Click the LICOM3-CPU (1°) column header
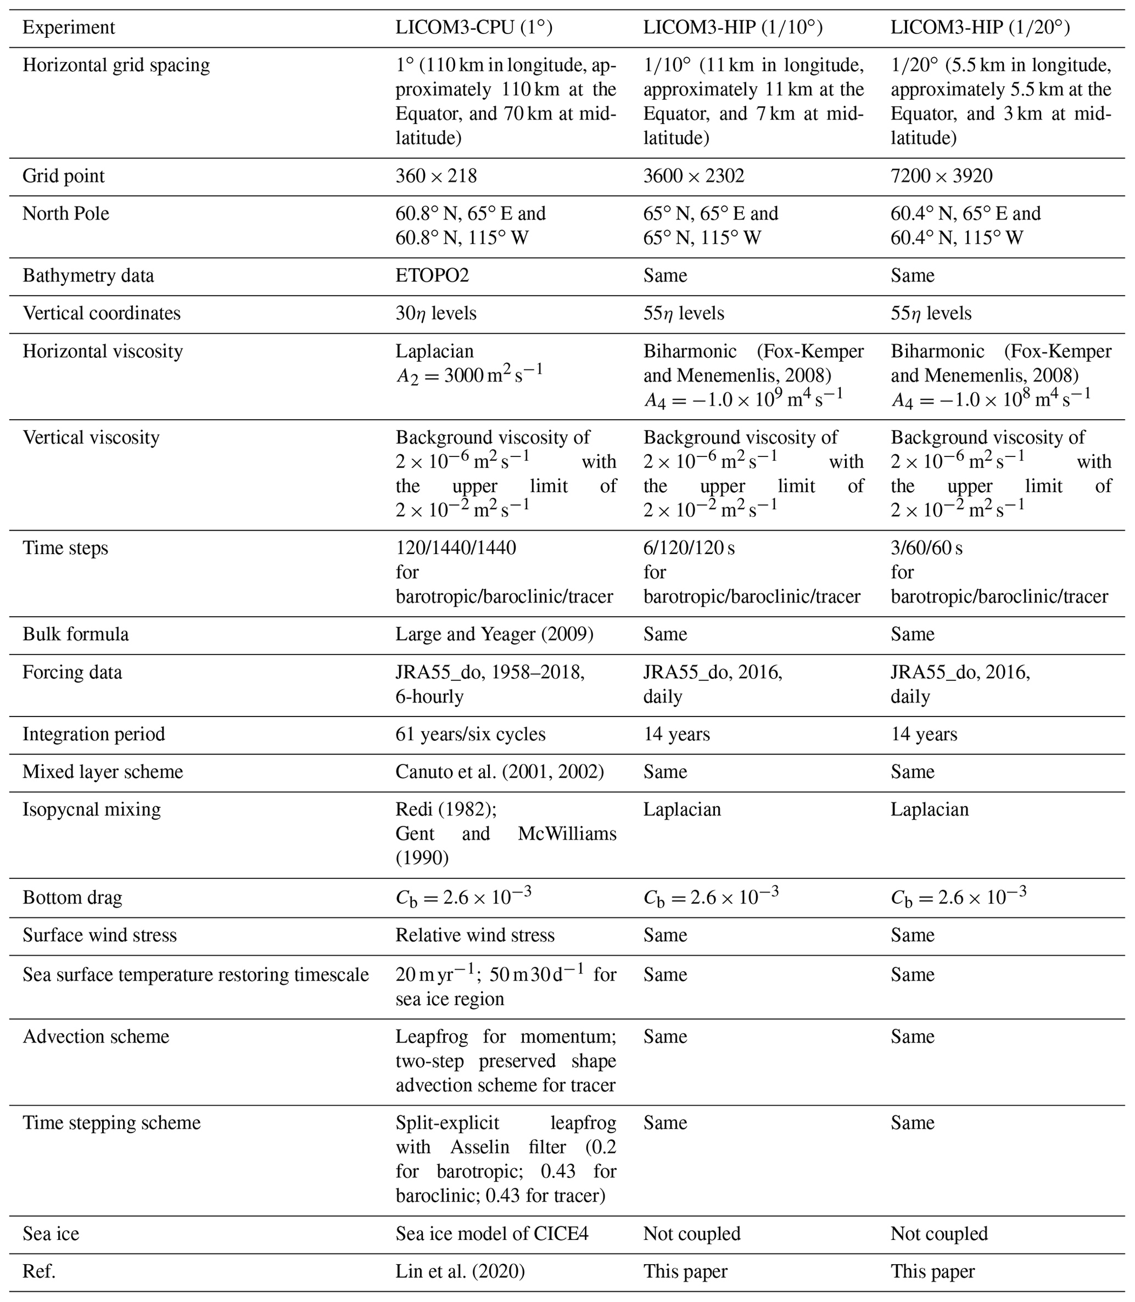474,28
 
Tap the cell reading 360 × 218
436,176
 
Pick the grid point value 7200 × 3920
941,176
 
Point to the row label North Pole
66,214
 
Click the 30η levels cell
436,314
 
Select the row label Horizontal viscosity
103,351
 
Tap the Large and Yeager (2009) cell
494,635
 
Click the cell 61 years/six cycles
470,734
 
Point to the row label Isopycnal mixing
92,809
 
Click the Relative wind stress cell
475,935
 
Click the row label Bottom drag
72,898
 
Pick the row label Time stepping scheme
111,1123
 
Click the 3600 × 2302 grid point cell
694,176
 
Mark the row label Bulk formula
75,635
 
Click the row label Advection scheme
96,1037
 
